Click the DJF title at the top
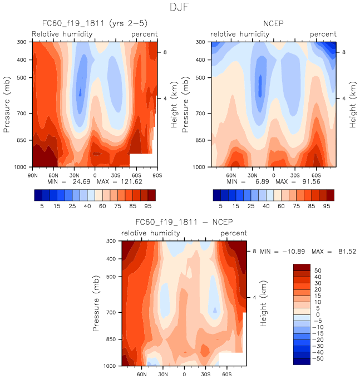coord(180,8)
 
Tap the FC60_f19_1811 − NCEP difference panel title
coord(184,224)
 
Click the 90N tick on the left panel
coord(32,174)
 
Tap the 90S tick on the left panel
coord(156,174)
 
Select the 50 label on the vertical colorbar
coord(317,269)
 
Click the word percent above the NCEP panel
coord(323,34)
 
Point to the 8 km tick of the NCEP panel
coord(344,52)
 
